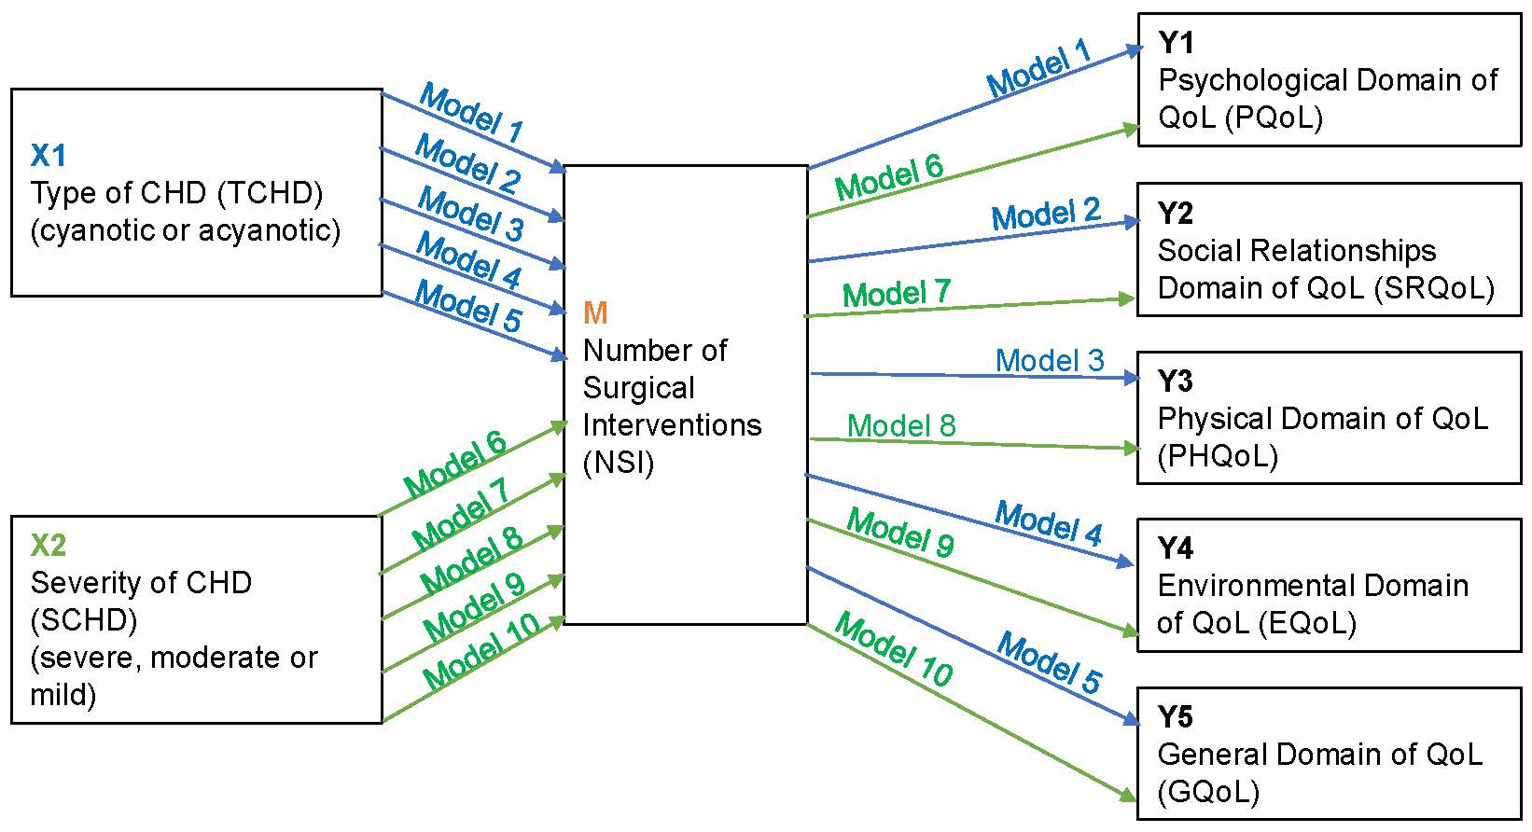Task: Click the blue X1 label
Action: (x=49, y=155)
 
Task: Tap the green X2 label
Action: (x=49, y=545)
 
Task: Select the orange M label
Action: (x=594, y=312)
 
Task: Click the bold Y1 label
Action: (x=1176, y=42)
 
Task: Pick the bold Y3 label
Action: (x=1176, y=381)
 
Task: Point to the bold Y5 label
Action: (x=1176, y=716)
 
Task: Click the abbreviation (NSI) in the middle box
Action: (x=618, y=463)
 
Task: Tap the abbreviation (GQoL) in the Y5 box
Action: (x=1208, y=792)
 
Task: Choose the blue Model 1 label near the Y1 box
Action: (x=1039, y=68)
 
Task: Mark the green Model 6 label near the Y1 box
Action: (x=889, y=178)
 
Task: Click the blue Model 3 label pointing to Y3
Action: (x=1050, y=360)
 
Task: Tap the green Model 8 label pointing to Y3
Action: (x=901, y=425)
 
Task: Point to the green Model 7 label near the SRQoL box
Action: (x=897, y=294)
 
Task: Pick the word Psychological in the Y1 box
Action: (x=1252, y=80)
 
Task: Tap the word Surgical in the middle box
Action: (x=639, y=388)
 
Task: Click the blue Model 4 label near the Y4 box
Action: (x=1049, y=521)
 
